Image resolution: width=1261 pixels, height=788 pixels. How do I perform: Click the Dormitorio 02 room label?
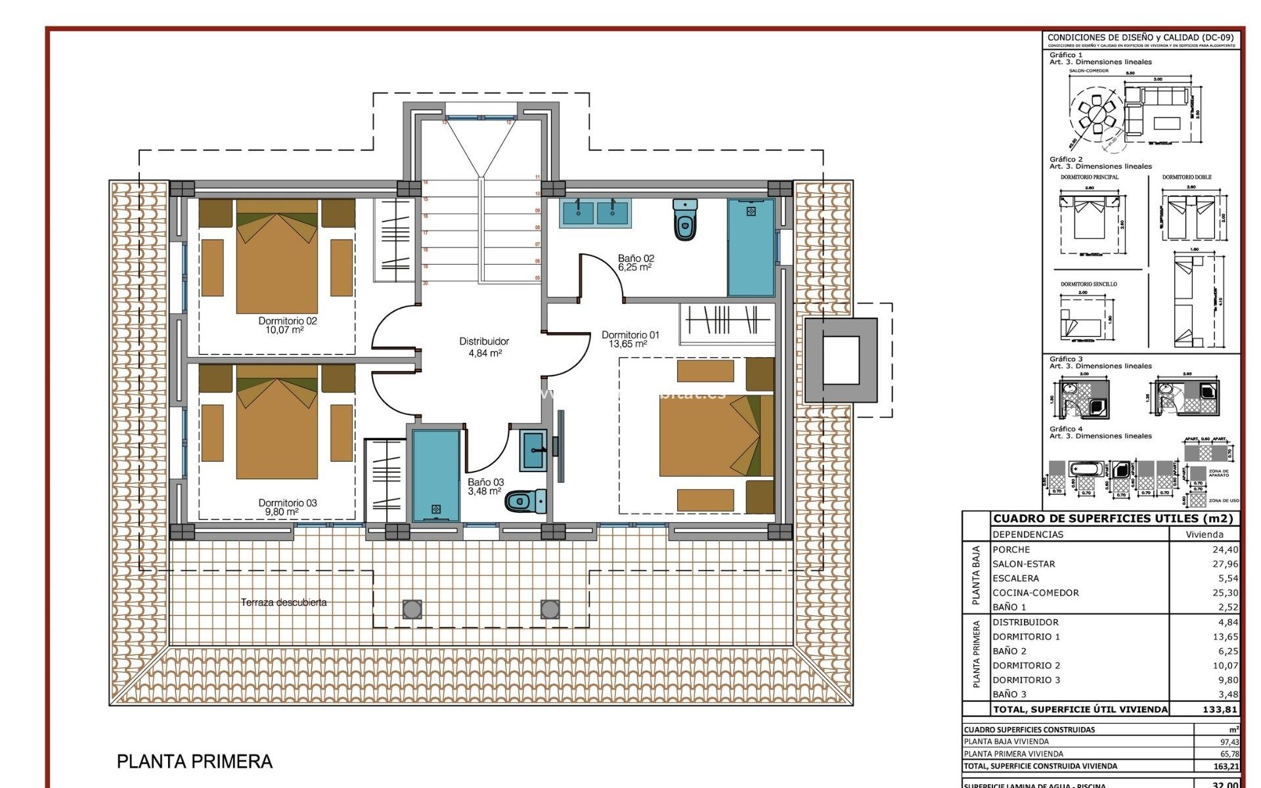[287, 325]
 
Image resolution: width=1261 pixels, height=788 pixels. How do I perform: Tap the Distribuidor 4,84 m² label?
[484, 347]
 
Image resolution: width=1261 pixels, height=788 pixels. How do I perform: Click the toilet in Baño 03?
[526, 502]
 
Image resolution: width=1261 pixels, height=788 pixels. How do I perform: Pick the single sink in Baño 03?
[532, 450]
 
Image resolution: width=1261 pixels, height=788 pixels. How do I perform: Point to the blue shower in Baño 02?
[750, 248]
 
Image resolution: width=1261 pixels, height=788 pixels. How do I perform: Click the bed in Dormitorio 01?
[716, 434]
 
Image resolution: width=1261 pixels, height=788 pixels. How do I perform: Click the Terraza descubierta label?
[284, 602]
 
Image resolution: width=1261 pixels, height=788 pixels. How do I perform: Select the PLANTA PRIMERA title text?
[194, 762]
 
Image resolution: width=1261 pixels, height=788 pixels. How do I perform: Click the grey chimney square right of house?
[841, 360]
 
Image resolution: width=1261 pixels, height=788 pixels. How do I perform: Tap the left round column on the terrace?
[412, 609]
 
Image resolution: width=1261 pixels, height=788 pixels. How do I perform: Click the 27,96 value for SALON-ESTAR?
[1225, 564]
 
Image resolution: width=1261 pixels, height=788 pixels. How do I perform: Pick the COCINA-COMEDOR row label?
[1035, 593]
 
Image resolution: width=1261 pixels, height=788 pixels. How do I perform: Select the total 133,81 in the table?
[1220, 709]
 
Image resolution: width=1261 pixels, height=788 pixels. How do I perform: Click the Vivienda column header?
[1205, 535]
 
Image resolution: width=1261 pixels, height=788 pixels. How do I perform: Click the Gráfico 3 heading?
[1066, 359]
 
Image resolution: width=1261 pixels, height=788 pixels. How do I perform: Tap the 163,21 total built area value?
[1225, 766]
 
